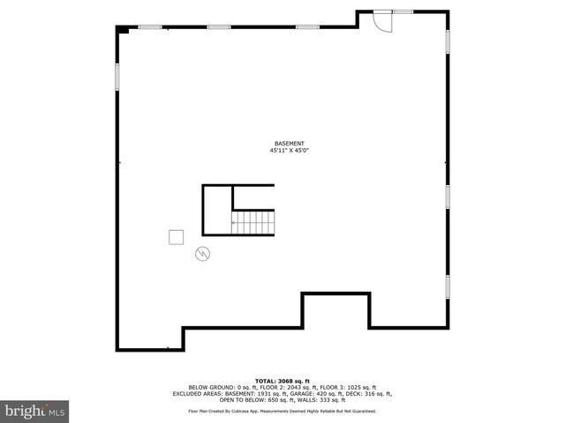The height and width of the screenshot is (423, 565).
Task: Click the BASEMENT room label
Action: [289, 144]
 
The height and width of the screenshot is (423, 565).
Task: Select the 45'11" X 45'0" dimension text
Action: [289, 151]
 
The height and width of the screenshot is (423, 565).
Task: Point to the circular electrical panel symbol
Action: [202, 254]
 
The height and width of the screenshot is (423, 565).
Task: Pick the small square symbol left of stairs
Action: [176, 236]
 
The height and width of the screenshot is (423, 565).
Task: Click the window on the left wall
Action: [118, 76]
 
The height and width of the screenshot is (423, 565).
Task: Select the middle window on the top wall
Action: [220, 27]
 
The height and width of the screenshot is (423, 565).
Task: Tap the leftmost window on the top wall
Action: [151, 27]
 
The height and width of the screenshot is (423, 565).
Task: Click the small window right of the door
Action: [403, 11]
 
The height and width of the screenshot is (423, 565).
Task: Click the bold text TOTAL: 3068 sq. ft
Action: [282, 381]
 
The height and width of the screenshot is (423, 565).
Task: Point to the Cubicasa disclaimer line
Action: [282, 411]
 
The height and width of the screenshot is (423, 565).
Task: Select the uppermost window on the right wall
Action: [448, 42]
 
